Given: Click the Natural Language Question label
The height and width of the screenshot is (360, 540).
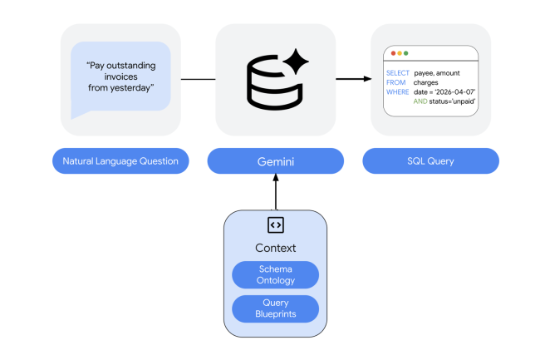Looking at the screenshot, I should [120, 160].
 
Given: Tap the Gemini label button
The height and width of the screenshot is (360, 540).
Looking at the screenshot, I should [275, 160].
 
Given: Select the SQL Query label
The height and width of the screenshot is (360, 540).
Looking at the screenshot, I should [430, 160].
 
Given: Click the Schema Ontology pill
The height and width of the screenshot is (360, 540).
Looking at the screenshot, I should [275, 274].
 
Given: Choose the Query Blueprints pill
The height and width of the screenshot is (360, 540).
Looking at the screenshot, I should [275, 308].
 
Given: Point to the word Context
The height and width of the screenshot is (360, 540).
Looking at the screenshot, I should [275, 248].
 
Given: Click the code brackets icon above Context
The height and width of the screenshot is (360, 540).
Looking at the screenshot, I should [275, 224].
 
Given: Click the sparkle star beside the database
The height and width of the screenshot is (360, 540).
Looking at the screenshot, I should [295, 62].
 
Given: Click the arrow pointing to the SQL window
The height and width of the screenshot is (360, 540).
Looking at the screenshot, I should [353, 80].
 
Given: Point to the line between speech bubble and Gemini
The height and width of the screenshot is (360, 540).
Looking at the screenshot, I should [198, 80].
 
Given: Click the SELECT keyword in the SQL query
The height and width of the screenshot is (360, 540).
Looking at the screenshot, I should [397, 73].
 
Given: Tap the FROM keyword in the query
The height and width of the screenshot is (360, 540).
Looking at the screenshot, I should [395, 82].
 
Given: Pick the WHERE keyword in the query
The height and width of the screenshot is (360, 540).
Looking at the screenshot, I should [397, 91].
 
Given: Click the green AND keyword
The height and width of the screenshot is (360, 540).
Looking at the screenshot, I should [420, 101].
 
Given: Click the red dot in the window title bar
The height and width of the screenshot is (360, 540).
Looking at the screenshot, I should [393, 53].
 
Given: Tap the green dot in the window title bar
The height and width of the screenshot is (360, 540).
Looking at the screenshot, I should [405, 53].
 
